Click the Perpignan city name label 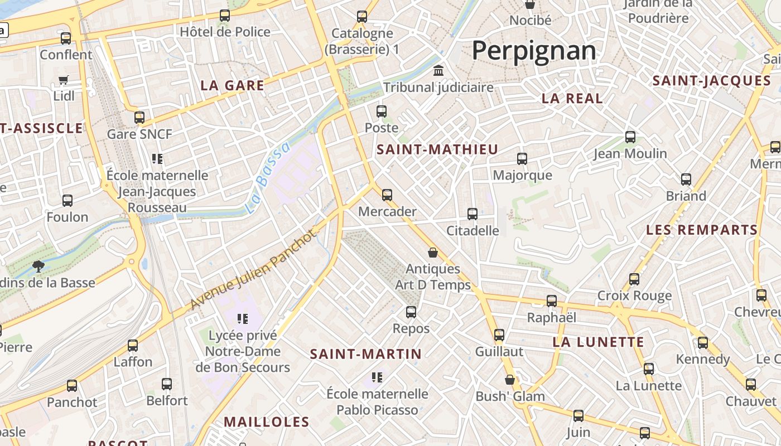pyautogui.click(x=534, y=51)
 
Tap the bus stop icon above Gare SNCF pyautogui.click(x=139, y=118)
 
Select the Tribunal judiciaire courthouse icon pyautogui.click(x=438, y=71)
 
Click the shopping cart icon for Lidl pyautogui.click(x=64, y=80)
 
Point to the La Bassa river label pyautogui.click(x=268, y=178)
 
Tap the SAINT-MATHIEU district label pyautogui.click(x=437, y=149)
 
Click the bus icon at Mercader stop pyautogui.click(x=387, y=195)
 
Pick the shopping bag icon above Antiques pyautogui.click(x=433, y=253)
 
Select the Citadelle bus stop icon pyautogui.click(x=473, y=214)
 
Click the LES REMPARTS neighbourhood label pyautogui.click(x=702, y=230)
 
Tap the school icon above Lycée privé pyautogui.click(x=242, y=319)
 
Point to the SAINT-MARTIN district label pyautogui.click(x=366, y=354)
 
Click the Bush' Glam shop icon pyautogui.click(x=510, y=380)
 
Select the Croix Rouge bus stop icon pyautogui.click(x=634, y=279)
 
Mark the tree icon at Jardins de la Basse pyautogui.click(x=38, y=266)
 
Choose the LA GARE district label pyautogui.click(x=232, y=86)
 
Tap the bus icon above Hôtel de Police pyautogui.click(x=225, y=16)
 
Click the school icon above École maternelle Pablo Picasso pyautogui.click(x=377, y=377)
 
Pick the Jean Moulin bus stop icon pyautogui.click(x=630, y=137)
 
